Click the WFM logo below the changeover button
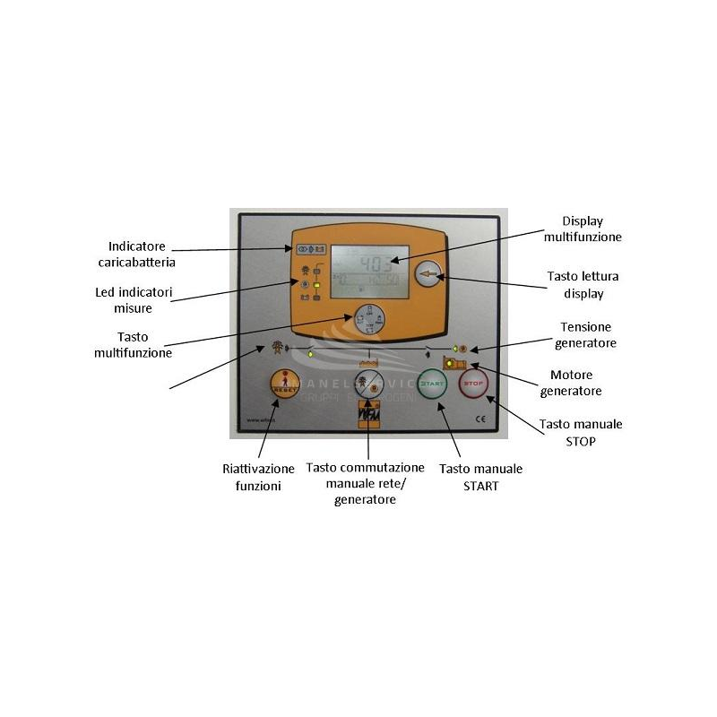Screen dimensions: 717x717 tap(368, 419)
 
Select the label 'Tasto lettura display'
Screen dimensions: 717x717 tap(583, 284)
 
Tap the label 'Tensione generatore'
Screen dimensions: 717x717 tap(588, 335)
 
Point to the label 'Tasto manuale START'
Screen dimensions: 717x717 tap(480, 477)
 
